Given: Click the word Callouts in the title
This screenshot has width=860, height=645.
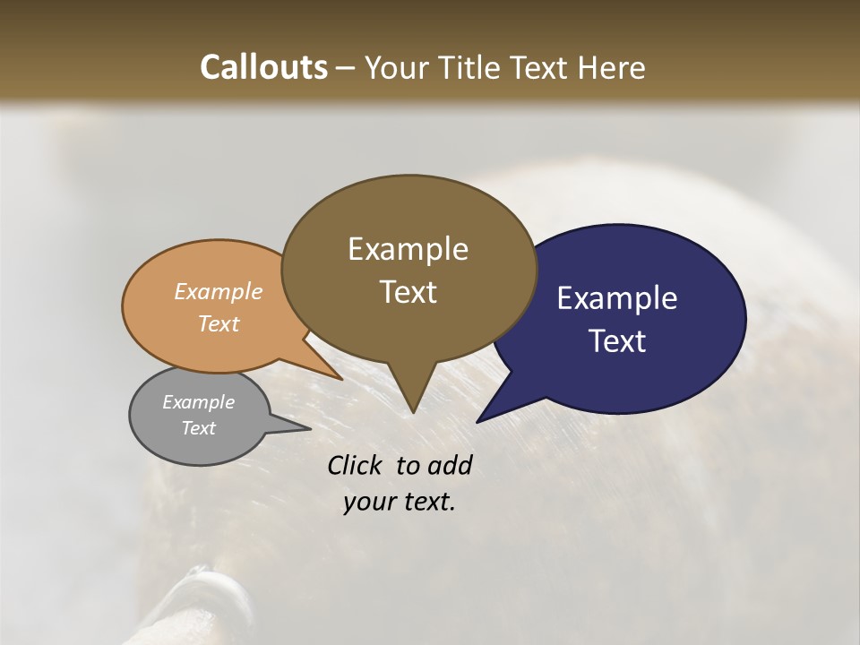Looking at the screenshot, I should point(263,67).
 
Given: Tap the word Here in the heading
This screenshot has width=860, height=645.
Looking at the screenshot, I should point(610,67).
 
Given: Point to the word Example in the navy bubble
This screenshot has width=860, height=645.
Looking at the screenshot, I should point(616,297).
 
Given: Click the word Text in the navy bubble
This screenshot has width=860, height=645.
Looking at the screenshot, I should point(616,341).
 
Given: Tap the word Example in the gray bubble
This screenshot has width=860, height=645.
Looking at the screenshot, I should point(198,402).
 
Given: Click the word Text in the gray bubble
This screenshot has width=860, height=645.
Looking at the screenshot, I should point(198,428).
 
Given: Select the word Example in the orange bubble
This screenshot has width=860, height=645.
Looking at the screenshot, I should point(218,291).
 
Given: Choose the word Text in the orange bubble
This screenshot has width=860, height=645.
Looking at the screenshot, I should point(218,323).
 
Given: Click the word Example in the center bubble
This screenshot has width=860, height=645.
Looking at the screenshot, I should point(408,249).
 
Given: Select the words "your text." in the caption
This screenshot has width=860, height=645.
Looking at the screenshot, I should point(399,502).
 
